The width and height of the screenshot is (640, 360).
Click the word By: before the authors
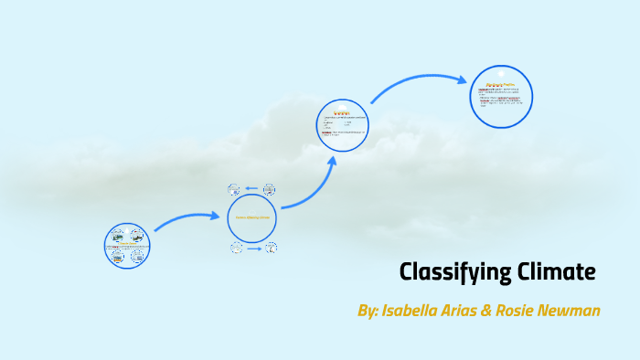(x=369, y=311)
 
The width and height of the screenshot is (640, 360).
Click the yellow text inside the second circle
(x=252, y=217)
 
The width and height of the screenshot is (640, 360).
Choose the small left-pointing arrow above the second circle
(x=251, y=189)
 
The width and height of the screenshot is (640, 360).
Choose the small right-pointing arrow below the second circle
(x=253, y=248)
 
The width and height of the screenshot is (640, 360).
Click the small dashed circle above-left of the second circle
(x=234, y=189)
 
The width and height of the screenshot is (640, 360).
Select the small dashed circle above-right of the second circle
(x=270, y=189)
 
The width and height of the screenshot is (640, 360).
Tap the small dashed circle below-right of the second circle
(x=270, y=248)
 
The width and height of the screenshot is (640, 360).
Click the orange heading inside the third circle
(x=341, y=113)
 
